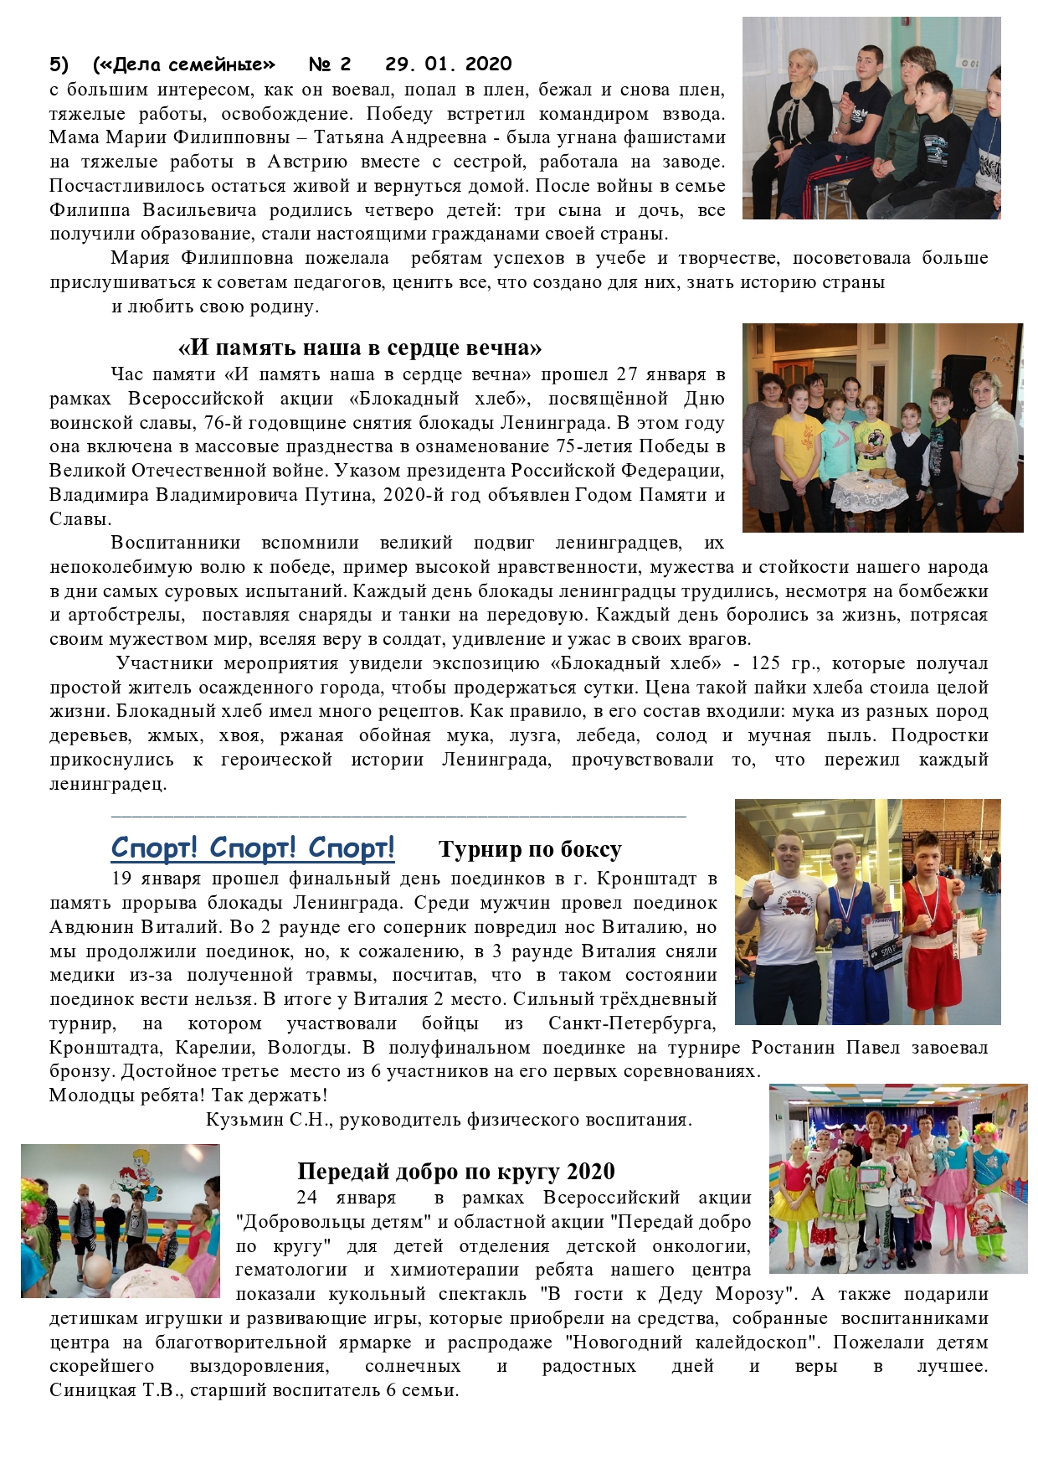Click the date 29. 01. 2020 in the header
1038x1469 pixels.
click(x=448, y=64)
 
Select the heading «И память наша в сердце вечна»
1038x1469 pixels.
click(x=360, y=348)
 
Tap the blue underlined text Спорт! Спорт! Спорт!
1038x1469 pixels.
click(x=253, y=848)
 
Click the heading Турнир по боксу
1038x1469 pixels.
click(x=530, y=850)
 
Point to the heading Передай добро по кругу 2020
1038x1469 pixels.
click(x=456, y=1171)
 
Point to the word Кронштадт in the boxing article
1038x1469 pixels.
click(x=652, y=879)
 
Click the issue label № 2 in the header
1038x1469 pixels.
click(x=330, y=64)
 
